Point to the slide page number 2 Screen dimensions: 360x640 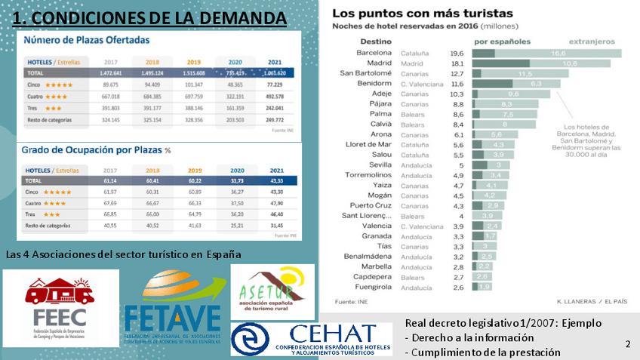[628, 344]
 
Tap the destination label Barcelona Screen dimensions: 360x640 [374, 53]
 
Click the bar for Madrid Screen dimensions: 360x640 [546, 64]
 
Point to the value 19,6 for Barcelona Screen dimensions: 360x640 [457, 54]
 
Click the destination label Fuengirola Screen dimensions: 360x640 [373, 288]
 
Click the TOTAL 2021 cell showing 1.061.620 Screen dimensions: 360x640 [274, 73]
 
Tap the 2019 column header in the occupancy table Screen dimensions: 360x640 [194, 171]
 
